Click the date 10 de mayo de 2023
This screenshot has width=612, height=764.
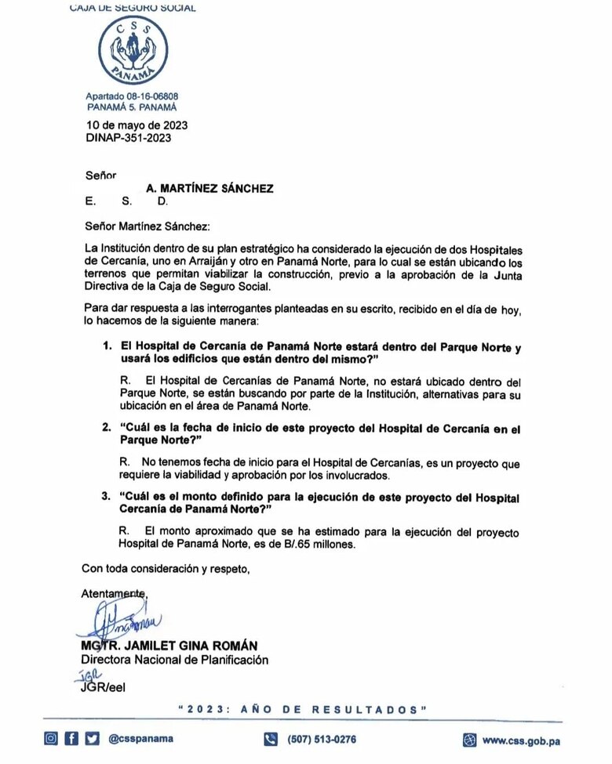[x=137, y=125]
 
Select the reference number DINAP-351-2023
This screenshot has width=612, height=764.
[x=128, y=138]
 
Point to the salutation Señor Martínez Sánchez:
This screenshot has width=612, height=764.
[x=149, y=226]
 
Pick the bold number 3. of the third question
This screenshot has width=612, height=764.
[x=107, y=498]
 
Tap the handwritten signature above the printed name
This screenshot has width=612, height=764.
[x=118, y=623]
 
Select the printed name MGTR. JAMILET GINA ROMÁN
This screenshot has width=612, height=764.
[x=169, y=646]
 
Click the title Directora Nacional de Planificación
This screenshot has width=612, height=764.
[x=175, y=660]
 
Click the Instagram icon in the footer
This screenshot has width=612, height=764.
[x=51, y=738]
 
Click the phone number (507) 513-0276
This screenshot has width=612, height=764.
[x=322, y=739]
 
